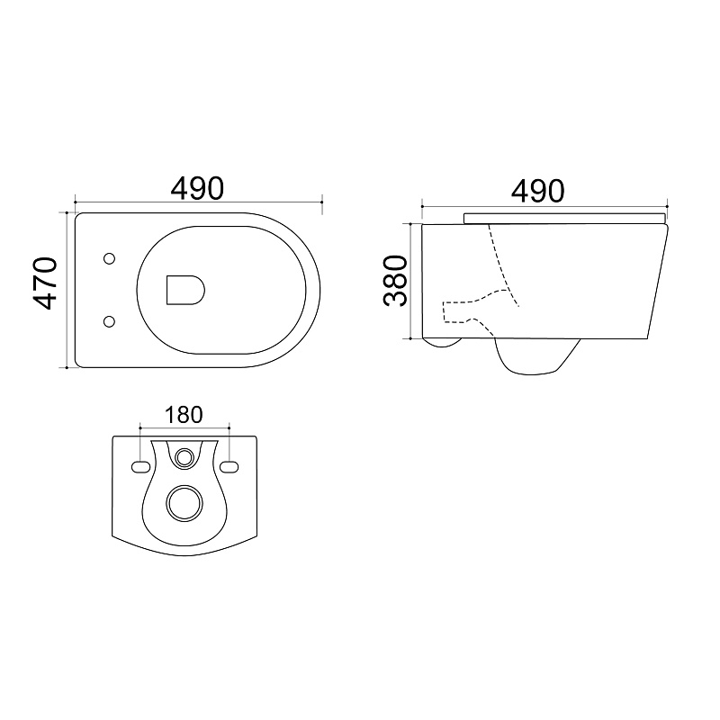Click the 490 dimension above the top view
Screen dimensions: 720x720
click(197, 188)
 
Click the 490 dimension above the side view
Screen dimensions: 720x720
click(537, 191)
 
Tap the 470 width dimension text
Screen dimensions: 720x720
click(45, 283)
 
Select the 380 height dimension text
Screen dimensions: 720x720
click(395, 281)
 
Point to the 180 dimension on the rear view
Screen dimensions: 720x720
click(184, 415)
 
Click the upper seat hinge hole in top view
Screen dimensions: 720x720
click(109, 259)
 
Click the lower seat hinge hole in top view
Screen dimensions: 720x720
click(109, 321)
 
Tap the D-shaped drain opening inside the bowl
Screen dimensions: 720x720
click(185, 290)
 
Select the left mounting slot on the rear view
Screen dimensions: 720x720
click(140, 467)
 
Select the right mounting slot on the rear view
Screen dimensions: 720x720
click(229, 467)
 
